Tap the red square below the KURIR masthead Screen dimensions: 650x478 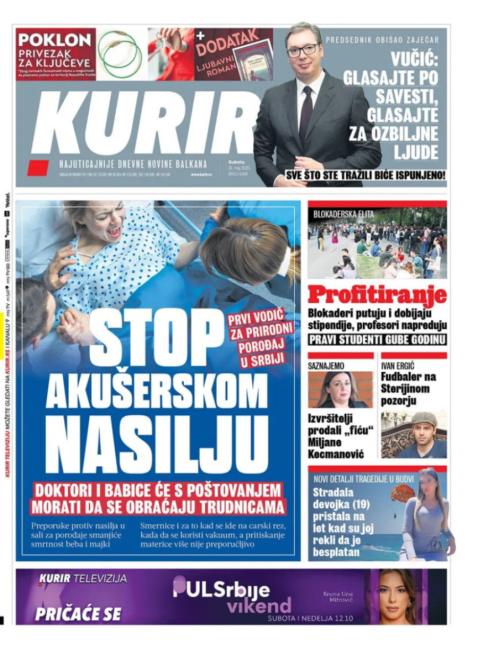pyautogui.click(x=38, y=168)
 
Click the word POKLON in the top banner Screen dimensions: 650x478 pyautogui.click(x=55, y=40)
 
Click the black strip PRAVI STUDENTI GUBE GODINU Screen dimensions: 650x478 pyautogui.click(x=377, y=339)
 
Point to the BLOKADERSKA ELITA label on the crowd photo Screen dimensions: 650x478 pyautogui.click(x=344, y=215)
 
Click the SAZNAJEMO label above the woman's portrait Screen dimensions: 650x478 pyautogui.click(x=326, y=366)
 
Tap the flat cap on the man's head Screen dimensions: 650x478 pyautogui.click(x=423, y=418)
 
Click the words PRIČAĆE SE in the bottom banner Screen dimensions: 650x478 pyautogui.click(x=78, y=614)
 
